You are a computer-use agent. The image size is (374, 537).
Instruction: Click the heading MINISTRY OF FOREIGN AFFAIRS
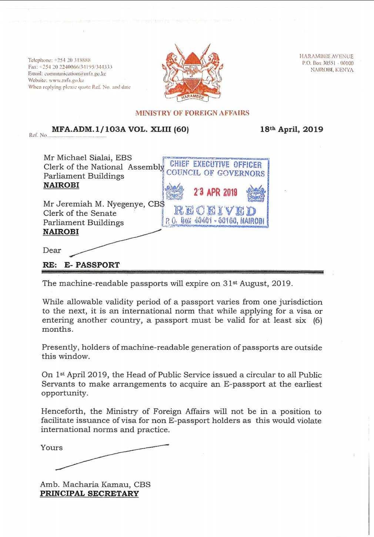pyautogui.click(x=192, y=113)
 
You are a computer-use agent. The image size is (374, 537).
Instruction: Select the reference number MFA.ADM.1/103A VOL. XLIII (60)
pyautogui.click(x=120, y=129)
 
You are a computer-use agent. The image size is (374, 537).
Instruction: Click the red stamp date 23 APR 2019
pyautogui.click(x=215, y=192)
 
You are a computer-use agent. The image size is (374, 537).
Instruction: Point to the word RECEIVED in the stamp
pyautogui.click(x=215, y=211)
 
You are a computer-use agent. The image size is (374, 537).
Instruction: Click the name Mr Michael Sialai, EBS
pyautogui.click(x=87, y=158)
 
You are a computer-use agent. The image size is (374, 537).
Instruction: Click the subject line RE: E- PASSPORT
pyautogui.click(x=81, y=265)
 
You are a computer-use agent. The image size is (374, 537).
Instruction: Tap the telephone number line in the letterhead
pyautogui.click(x=60, y=60)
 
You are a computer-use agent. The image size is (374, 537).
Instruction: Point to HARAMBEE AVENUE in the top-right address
pyautogui.click(x=326, y=56)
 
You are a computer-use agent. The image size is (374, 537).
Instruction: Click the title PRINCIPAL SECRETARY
pyautogui.click(x=89, y=494)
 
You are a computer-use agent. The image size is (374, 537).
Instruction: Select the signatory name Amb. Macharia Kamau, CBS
pyautogui.click(x=95, y=484)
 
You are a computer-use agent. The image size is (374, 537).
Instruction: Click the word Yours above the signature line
pyautogui.click(x=51, y=448)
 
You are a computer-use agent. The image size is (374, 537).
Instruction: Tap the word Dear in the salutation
pyautogui.click(x=52, y=250)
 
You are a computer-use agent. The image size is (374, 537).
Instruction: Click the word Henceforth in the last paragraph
pyautogui.click(x=64, y=411)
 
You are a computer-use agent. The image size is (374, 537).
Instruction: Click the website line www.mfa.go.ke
pyautogui.click(x=56, y=80)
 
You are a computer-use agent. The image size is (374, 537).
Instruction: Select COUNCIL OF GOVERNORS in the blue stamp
pyautogui.click(x=216, y=173)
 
